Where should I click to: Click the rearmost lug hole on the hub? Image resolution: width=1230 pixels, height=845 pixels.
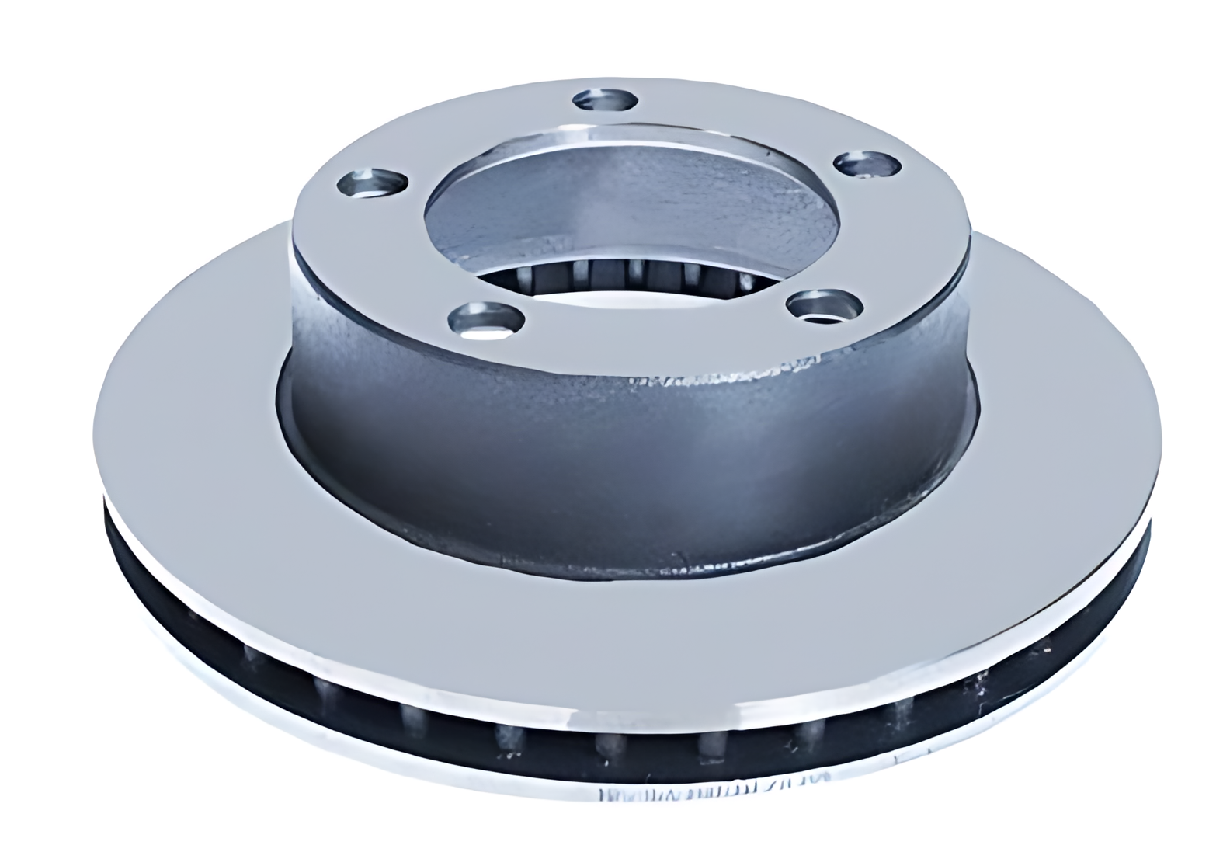[x=606, y=101]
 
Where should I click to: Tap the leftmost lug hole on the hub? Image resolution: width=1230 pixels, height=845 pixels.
[x=374, y=184]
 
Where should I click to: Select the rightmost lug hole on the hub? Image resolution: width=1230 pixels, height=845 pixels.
[x=867, y=165]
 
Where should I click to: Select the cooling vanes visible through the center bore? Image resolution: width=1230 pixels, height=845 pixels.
[x=621, y=272]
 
